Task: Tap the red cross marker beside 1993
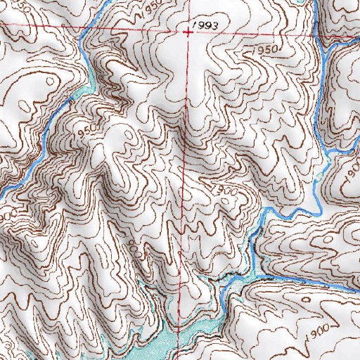(x=188, y=31)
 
